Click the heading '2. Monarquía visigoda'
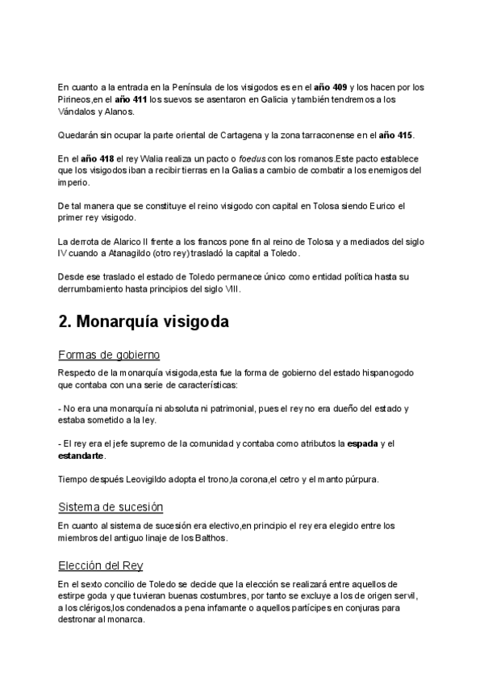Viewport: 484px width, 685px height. pos(144,321)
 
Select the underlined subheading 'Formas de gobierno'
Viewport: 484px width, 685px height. pos(109,355)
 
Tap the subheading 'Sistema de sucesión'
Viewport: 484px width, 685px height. pos(111,506)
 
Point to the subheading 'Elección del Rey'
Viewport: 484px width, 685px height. pos(101,565)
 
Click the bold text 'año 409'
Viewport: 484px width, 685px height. pos(332,86)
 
